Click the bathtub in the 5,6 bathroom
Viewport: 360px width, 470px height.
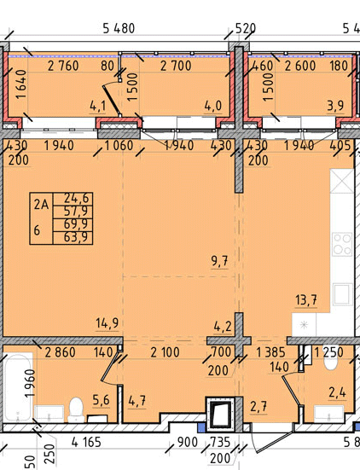17,387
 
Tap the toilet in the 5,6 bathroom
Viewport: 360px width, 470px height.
76,409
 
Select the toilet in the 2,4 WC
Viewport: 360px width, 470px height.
331,361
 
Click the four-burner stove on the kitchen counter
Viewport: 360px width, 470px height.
342,244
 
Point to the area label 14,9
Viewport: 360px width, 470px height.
107,323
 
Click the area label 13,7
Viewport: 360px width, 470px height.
306,299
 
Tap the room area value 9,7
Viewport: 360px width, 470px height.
219,261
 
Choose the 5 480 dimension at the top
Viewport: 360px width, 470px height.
119,28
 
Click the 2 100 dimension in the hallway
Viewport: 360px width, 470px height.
165,352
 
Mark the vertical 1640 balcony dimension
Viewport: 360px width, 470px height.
21,84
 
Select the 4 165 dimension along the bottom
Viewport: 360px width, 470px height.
87,442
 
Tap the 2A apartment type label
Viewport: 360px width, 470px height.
41,205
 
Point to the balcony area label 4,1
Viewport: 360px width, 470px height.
98,107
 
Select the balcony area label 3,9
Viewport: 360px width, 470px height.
335,106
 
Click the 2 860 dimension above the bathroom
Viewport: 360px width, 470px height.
60,352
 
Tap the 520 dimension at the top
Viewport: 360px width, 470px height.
245,28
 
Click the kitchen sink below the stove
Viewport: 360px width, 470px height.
342,294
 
